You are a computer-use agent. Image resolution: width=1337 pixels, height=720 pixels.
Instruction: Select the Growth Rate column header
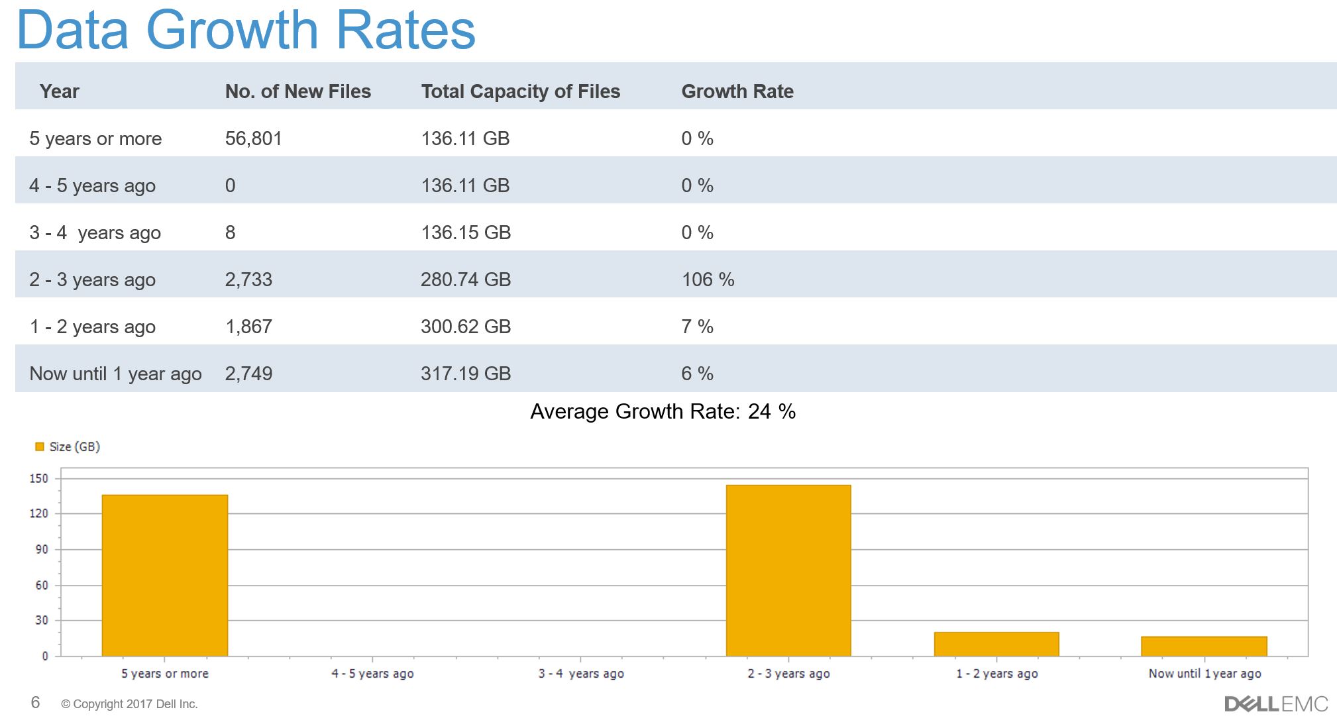pos(737,91)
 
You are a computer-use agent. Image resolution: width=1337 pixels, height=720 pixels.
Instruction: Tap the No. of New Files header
pos(297,91)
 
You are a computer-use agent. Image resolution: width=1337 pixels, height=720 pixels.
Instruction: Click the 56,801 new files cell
pos(253,138)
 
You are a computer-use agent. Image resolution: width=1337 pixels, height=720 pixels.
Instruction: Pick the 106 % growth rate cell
pos(708,280)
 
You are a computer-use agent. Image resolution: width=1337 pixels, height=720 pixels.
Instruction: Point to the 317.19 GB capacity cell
pos(465,374)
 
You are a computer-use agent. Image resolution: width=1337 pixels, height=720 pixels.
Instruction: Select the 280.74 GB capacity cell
pos(465,280)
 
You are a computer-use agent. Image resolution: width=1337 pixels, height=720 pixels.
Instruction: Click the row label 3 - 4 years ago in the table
pos(95,232)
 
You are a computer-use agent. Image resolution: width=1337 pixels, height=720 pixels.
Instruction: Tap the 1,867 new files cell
pos(248,327)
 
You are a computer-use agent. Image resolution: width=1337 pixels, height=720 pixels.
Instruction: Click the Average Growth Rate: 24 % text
pos(663,411)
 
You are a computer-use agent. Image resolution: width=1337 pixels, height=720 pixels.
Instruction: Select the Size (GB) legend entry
pos(68,447)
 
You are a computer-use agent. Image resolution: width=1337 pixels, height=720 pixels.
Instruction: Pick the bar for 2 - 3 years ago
pos(788,570)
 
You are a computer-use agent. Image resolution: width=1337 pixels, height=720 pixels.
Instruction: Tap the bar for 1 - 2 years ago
pos(996,644)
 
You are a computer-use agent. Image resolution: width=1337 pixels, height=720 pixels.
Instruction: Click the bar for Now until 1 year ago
pos(1204,646)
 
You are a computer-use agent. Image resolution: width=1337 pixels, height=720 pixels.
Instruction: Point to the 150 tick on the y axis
pos(39,478)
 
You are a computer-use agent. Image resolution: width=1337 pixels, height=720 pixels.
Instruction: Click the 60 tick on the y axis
pos(41,585)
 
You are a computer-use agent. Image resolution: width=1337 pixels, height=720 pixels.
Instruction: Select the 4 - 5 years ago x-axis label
pos(372,674)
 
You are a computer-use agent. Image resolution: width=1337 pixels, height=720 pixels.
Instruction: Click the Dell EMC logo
pos(1275,703)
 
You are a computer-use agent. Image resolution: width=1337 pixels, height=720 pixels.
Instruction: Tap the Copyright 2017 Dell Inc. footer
pos(129,704)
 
